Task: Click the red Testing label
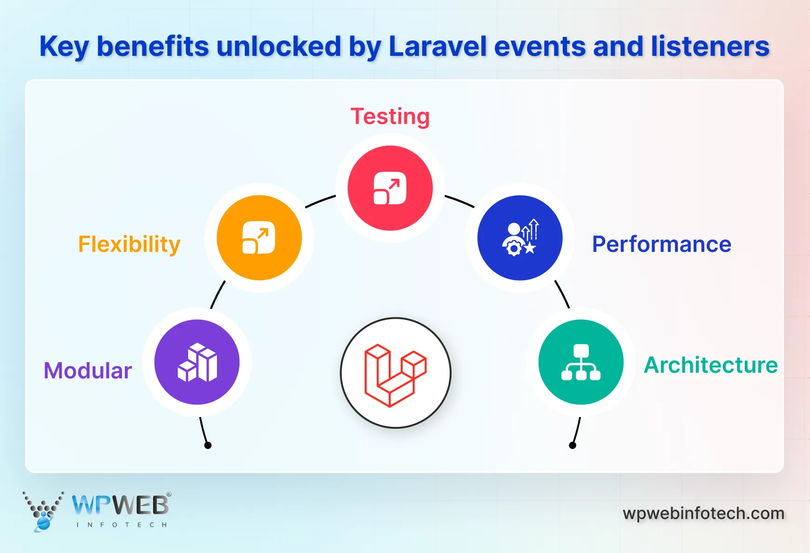(x=390, y=116)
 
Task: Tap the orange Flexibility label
(x=129, y=244)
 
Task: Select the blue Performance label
(x=661, y=244)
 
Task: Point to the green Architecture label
(x=710, y=365)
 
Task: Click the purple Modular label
(x=88, y=371)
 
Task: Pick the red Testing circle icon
(x=390, y=188)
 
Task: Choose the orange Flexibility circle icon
(x=259, y=238)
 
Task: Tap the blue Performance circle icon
(x=520, y=238)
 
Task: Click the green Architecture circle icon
(x=581, y=362)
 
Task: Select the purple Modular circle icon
(x=197, y=362)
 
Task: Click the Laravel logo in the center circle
(x=396, y=373)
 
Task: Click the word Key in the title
(x=64, y=47)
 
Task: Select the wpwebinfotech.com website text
(x=703, y=513)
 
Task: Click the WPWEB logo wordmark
(x=121, y=505)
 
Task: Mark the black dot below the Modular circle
(x=208, y=445)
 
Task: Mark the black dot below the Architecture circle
(x=573, y=445)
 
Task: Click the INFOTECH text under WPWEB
(x=121, y=525)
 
